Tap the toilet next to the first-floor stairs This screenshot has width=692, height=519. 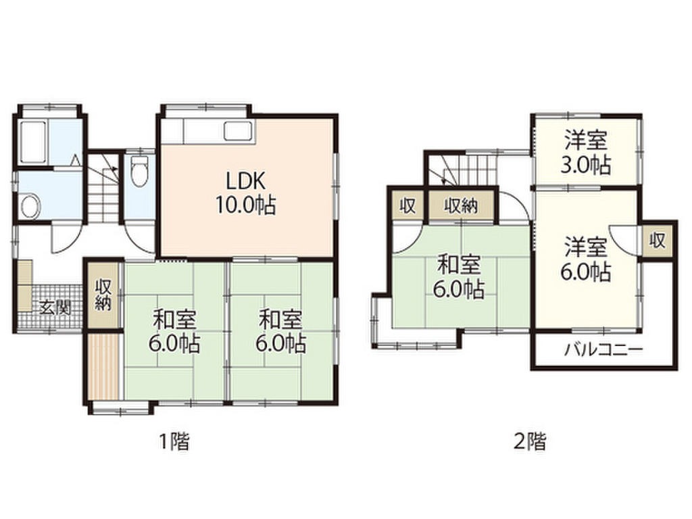pos(140,171)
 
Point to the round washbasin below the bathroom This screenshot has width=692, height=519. pos(29,207)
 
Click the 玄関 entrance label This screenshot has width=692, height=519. pos(54,308)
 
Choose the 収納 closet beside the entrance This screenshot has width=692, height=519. pos(103,295)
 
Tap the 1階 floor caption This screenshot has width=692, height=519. pos(174,443)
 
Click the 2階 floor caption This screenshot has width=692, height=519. pos(530,443)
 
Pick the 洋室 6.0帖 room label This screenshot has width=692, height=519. pos(587,259)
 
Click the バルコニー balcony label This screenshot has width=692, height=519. pos(603,350)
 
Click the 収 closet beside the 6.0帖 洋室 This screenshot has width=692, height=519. pos(658,239)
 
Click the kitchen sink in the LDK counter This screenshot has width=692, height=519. pos(237,131)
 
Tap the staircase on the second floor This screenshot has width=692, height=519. pos(463,169)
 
